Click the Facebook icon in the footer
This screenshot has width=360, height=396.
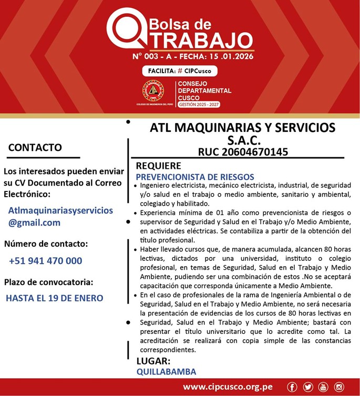[292, 387]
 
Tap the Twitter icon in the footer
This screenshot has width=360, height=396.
[308, 387]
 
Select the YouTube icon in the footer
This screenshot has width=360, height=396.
[323, 387]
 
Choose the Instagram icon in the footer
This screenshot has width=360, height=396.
[339, 387]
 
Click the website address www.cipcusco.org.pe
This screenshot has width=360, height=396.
[228, 387]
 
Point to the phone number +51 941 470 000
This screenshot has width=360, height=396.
[45, 261]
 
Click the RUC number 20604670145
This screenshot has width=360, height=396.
[243, 152]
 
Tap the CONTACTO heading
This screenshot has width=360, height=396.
[35, 147]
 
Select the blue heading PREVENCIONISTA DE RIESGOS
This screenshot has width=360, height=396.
[195, 177]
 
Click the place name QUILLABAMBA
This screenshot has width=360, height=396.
[166, 372]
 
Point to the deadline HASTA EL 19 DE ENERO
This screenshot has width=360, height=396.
[55, 298]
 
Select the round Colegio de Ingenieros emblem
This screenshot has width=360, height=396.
[153, 91]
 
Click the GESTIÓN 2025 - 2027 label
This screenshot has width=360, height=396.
[199, 105]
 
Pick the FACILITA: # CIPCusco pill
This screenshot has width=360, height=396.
[180, 71]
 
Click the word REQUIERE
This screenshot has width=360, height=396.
[159, 166]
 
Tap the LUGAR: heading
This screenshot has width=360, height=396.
[153, 361]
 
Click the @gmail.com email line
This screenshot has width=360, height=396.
[34, 222]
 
